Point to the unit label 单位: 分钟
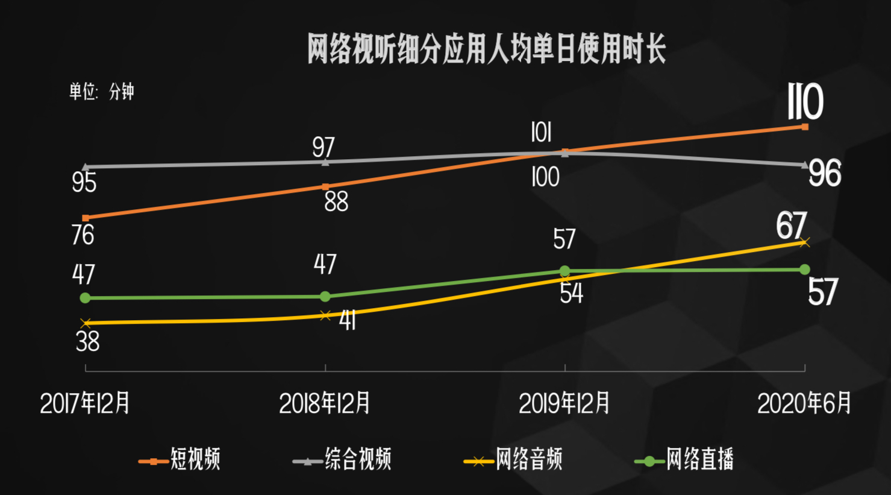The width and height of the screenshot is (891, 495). point(101,92)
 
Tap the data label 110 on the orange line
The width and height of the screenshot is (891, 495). point(805,102)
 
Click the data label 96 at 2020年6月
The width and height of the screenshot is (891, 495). point(824,174)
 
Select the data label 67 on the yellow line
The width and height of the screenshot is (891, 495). point(791,225)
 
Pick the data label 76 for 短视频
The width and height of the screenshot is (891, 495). point(83,235)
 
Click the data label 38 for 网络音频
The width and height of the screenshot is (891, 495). point(88,342)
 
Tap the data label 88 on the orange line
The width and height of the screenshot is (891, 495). point(336,202)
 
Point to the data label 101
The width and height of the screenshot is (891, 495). point(541,133)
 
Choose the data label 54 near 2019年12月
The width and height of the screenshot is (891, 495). point(571,294)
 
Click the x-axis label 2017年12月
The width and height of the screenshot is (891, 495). point(85,403)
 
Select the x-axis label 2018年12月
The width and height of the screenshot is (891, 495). point(325,403)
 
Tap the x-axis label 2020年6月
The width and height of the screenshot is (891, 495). point(804,403)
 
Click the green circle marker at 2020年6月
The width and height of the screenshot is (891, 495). point(805,269)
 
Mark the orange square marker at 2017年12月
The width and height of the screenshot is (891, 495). point(86,218)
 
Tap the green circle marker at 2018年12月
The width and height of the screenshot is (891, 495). point(325,297)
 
